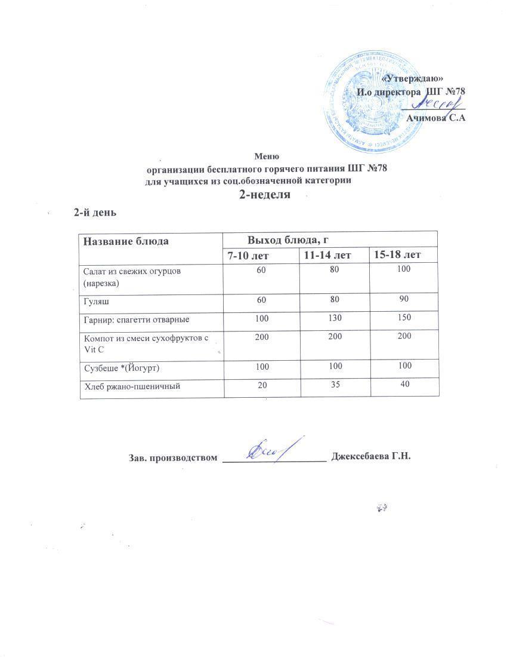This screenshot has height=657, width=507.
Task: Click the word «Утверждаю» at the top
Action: [412, 78]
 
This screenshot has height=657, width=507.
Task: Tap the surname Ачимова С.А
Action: [435, 118]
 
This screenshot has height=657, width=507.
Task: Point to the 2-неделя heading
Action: [265, 195]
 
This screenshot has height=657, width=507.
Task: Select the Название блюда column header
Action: [126, 241]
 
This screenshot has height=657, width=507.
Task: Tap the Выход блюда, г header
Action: [289, 240]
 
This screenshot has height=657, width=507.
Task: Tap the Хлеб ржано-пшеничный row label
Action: [131, 387]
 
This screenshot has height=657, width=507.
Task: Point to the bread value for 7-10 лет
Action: [261, 386]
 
